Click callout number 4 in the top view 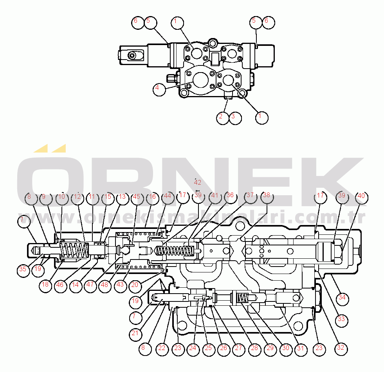tap(157, 89)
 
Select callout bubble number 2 tap(222, 117)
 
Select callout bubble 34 tap(342, 298)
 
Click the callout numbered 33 tap(341, 319)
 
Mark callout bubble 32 tap(341, 347)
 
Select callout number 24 tap(192, 348)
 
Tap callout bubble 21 tap(135, 333)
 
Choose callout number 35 tap(23, 269)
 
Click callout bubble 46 tap(59, 285)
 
